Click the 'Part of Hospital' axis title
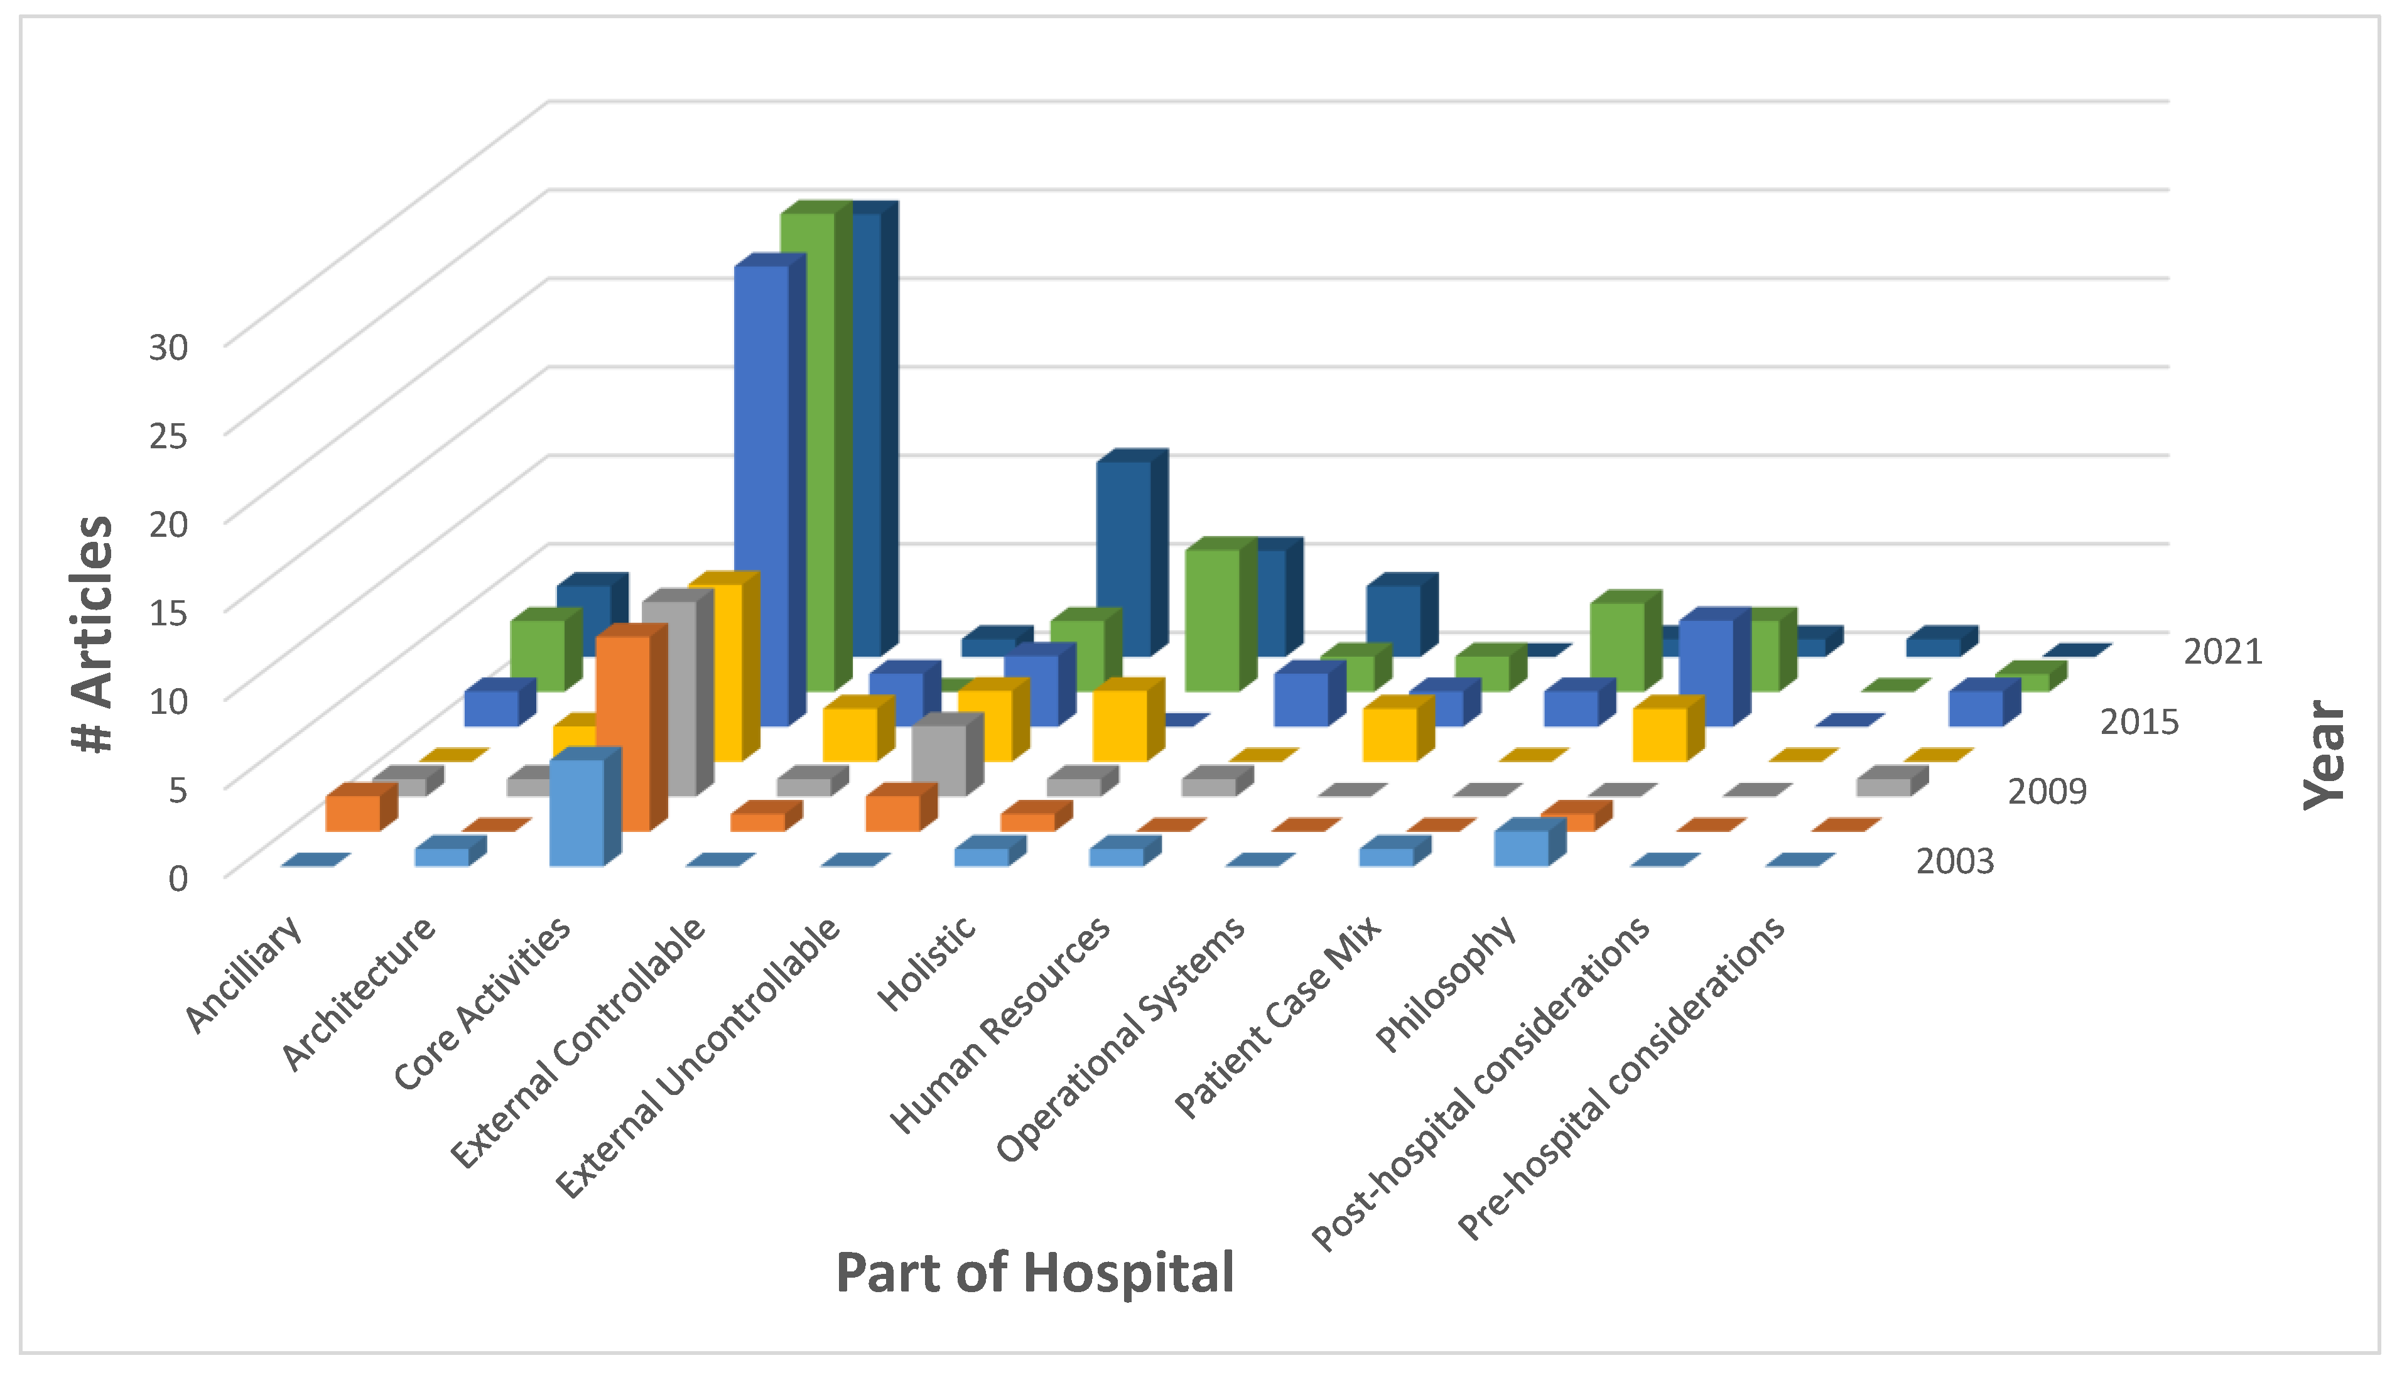[1034, 1273]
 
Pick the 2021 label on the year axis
[2222, 652]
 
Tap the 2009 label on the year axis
[2047, 791]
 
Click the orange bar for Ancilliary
[352, 812]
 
